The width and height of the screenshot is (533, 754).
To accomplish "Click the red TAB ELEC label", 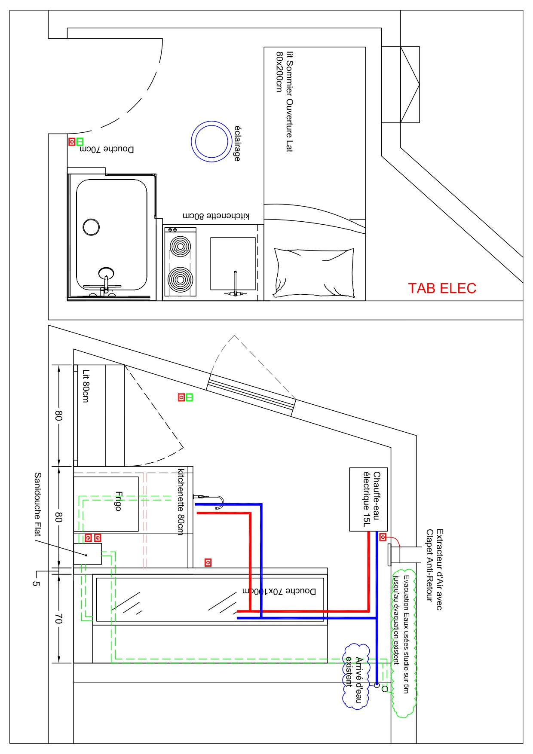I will click(442, 288).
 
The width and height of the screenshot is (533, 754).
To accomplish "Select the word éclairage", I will click(237, 143).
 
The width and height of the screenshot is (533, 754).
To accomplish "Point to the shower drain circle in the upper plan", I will click(91, 227).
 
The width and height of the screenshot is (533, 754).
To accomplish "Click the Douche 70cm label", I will click(107, 149).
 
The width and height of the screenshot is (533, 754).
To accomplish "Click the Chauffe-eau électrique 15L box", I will click(368, 499).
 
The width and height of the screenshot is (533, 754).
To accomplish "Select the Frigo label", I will click(118, 501).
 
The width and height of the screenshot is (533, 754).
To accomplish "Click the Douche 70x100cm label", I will click(279, 591).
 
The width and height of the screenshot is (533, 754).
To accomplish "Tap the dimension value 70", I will click(58, 619).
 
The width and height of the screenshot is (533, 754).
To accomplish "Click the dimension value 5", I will click(36, 583).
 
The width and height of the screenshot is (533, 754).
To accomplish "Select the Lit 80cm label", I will click(86, 386).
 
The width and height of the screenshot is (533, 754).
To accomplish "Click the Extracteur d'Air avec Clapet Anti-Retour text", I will click(434, 569).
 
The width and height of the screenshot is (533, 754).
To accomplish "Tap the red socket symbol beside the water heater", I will click(383, 537).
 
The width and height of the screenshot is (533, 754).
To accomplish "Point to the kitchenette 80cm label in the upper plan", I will click(216, 216).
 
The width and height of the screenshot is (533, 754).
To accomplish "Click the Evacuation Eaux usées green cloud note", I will click(403, 640).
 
